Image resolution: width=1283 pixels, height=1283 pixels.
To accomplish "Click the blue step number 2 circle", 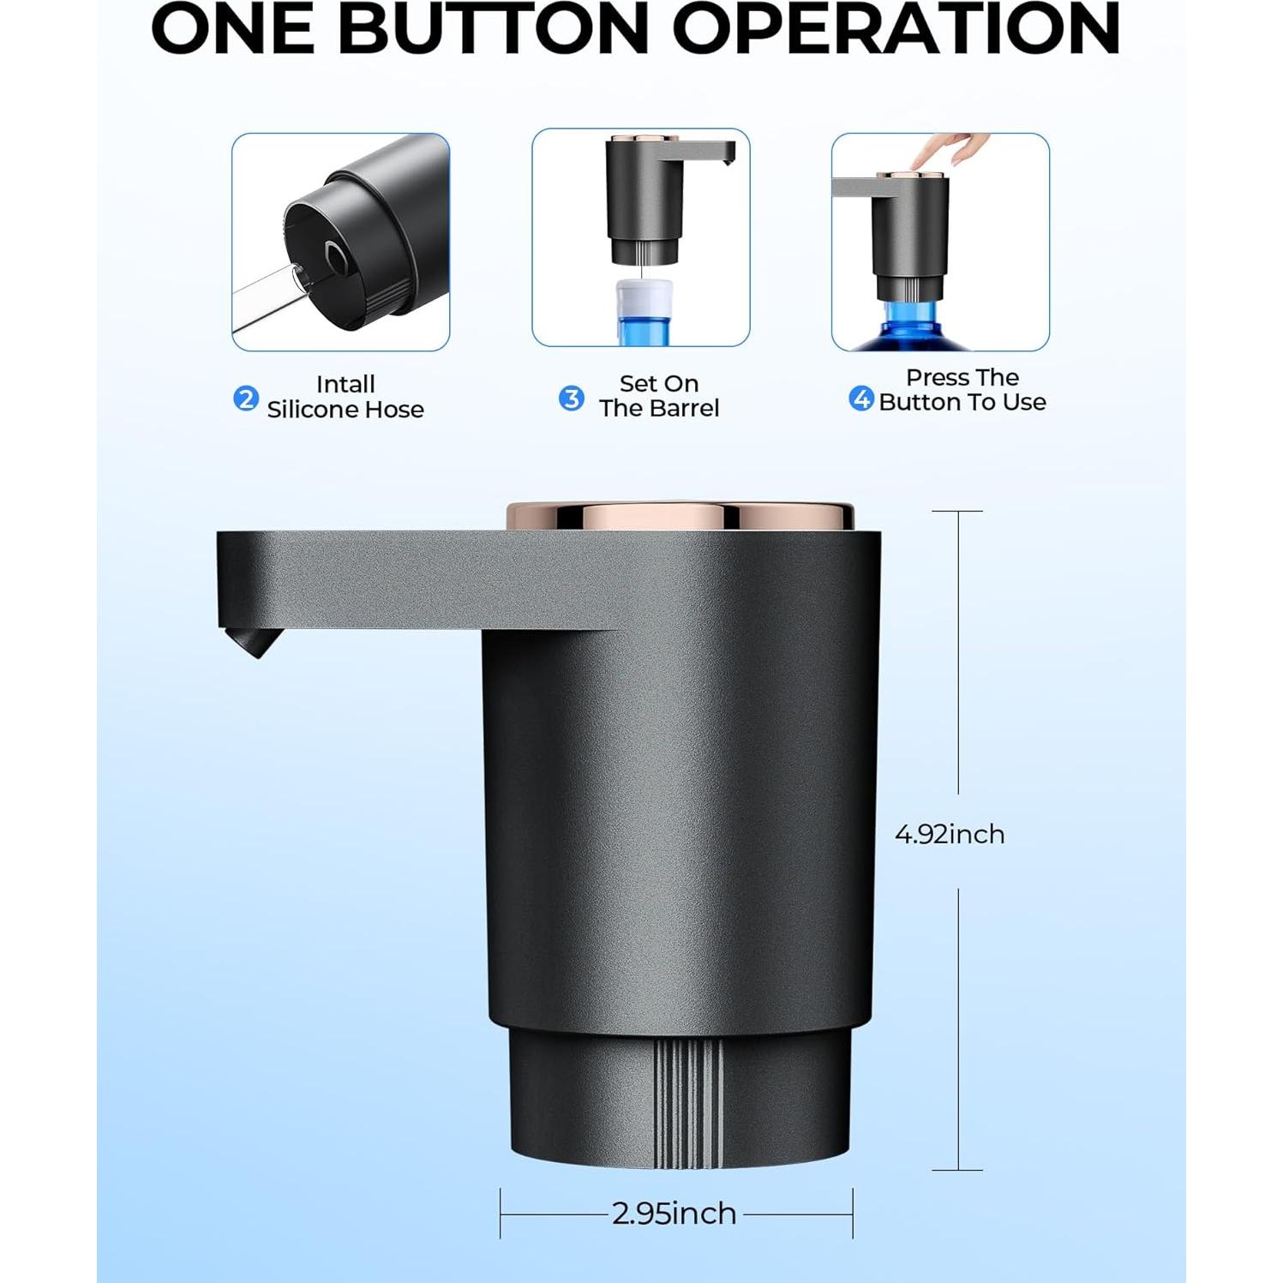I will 246,399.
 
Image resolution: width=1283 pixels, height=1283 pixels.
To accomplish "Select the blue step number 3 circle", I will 571,399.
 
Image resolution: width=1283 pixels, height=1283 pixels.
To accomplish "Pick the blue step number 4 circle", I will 860,399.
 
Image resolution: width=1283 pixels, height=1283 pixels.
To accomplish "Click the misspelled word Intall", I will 345,384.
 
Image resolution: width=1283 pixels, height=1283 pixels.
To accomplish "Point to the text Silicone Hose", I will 345,410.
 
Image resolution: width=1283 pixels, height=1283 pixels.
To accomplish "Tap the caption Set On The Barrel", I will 658,396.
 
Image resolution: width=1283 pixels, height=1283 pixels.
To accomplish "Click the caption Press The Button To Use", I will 962,390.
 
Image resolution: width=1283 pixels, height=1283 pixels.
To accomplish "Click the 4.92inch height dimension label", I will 950,834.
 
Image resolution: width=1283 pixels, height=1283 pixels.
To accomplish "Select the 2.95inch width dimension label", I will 674,1214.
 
